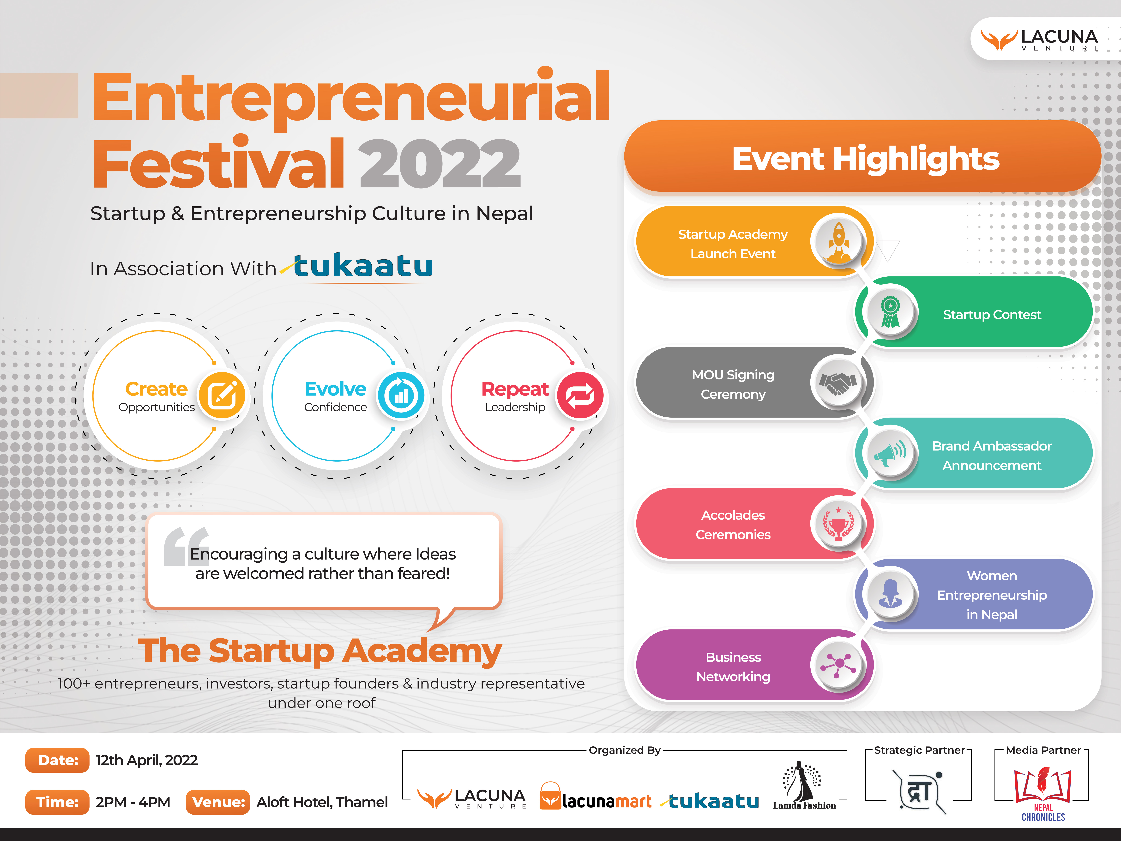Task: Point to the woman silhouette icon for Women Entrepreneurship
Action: [x=890, y=593]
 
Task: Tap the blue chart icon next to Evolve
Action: [x=401, y=395]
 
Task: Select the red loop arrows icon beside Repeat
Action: [x=580, y=395]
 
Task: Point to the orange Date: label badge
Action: [x=57, y=760]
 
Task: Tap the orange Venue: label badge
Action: [x=218, y=802]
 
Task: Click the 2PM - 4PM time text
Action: [x=133, y=802]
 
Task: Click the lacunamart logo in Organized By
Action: [x=596, y=797]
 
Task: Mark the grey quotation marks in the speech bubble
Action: [x=186, y=547]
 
